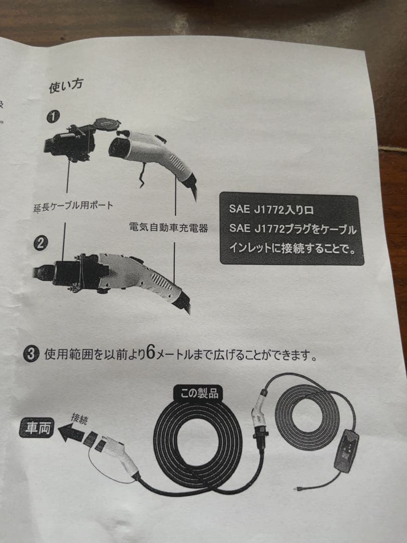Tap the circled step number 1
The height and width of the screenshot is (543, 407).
tap(53, 117)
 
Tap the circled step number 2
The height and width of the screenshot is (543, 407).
tap(41, 244)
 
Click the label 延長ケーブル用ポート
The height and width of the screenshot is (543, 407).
tap(73, 206)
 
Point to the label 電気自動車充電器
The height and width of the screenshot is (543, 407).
tap(168, 228)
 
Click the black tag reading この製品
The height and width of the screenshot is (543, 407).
tap(199, 393)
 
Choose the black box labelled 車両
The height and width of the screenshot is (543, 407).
tap(36, 428)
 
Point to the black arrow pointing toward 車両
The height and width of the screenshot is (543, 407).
tap(70, 432)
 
